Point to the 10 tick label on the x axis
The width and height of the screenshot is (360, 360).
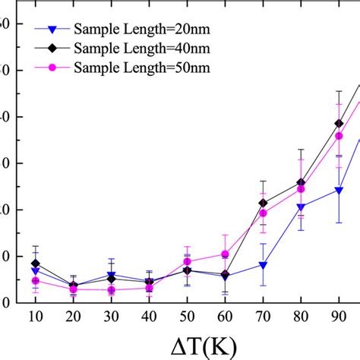35,315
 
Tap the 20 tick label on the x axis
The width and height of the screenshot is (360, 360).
73,315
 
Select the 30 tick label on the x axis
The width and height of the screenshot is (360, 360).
111,315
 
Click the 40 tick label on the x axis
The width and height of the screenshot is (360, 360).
149,315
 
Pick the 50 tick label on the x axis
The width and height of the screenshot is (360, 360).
187,315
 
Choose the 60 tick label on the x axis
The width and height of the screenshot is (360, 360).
225,315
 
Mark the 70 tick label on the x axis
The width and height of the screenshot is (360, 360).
263,315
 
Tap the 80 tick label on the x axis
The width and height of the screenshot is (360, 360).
301,315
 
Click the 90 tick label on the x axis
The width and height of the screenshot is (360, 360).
339,315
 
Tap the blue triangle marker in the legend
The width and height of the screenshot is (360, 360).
52,30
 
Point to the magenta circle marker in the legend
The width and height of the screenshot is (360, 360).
52,68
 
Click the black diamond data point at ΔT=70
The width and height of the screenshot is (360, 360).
263,203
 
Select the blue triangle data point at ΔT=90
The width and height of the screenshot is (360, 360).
339,191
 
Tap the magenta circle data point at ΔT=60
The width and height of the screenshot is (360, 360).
225,254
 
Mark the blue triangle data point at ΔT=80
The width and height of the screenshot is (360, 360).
301,207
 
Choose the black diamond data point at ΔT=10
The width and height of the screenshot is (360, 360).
35,264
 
